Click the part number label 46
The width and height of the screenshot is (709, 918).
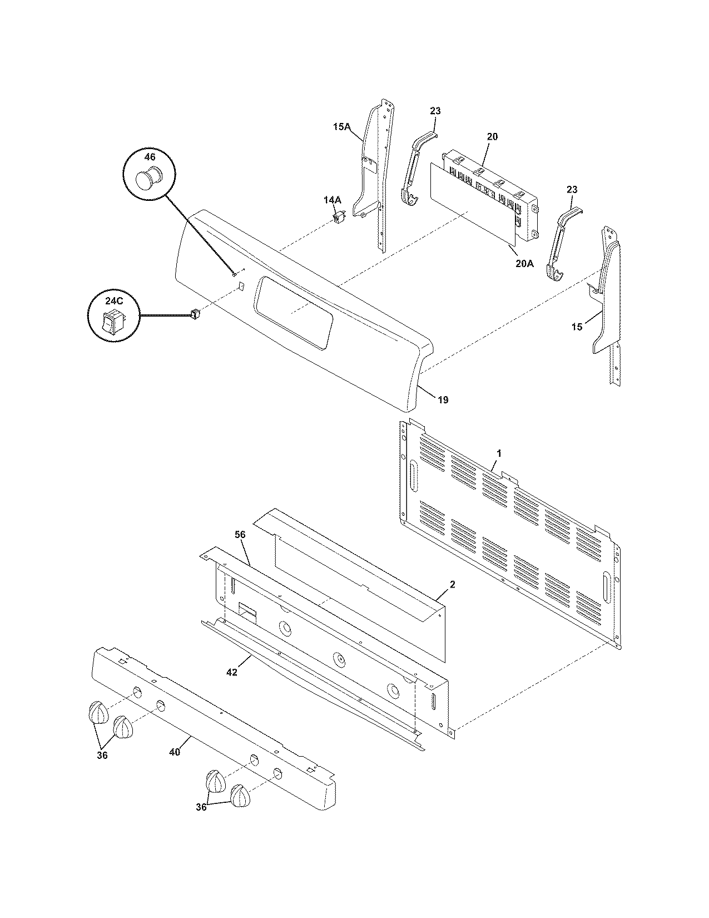pos(150,157)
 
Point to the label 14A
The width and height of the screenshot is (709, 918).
pos(333,199)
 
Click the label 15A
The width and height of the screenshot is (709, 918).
pos(341,127)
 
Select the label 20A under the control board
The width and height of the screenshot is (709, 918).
pos(524,264)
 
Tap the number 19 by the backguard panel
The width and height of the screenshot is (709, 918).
pos(443,399)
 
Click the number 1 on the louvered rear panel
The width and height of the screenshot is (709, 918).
pos(499,453)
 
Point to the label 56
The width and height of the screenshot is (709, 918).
pos(240,534)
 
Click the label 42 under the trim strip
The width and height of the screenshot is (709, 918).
pos(232,672)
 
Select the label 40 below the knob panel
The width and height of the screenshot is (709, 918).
pos(175,752)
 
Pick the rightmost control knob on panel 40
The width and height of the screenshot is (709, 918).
pos(241,797)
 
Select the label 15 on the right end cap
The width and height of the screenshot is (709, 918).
pos(577,327)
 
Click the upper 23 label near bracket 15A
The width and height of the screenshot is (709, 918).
pos(435,111)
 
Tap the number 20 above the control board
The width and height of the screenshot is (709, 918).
pos(492,136)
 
